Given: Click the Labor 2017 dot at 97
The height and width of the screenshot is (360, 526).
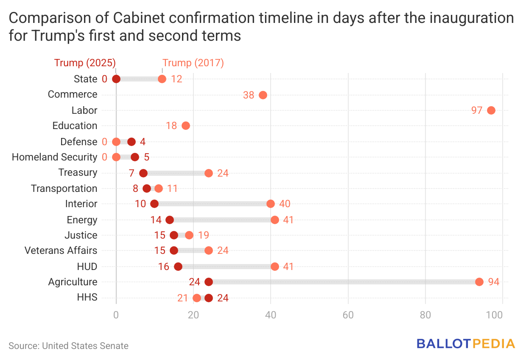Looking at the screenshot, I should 491,110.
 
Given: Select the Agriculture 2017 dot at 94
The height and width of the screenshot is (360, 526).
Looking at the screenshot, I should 479,282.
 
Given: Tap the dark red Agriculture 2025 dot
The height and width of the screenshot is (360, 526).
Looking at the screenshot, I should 209,282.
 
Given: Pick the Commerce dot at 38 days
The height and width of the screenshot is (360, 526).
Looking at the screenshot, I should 263,95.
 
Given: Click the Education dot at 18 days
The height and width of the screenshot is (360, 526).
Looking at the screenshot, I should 186,126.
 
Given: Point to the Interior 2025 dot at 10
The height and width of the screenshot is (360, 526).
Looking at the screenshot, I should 154,204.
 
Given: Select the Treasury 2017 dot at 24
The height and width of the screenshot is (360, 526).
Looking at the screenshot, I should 209,173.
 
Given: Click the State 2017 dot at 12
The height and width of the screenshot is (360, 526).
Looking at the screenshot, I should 162,79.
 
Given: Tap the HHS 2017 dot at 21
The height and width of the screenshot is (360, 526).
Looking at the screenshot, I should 197,298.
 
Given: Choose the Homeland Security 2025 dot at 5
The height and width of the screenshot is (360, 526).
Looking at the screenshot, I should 135,157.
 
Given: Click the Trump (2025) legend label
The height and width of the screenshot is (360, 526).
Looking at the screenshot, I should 85,63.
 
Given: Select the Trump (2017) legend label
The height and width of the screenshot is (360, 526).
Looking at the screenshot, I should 193,63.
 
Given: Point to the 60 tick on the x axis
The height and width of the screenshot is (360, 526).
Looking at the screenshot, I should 348,315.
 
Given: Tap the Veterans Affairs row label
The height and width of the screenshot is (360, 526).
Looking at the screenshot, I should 61,250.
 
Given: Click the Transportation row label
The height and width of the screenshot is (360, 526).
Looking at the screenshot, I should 64,188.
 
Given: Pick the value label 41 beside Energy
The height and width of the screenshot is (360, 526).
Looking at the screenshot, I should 288,220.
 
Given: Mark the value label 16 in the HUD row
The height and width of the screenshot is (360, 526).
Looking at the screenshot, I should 164,267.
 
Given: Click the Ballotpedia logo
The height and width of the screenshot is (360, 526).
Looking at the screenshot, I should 466,343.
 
